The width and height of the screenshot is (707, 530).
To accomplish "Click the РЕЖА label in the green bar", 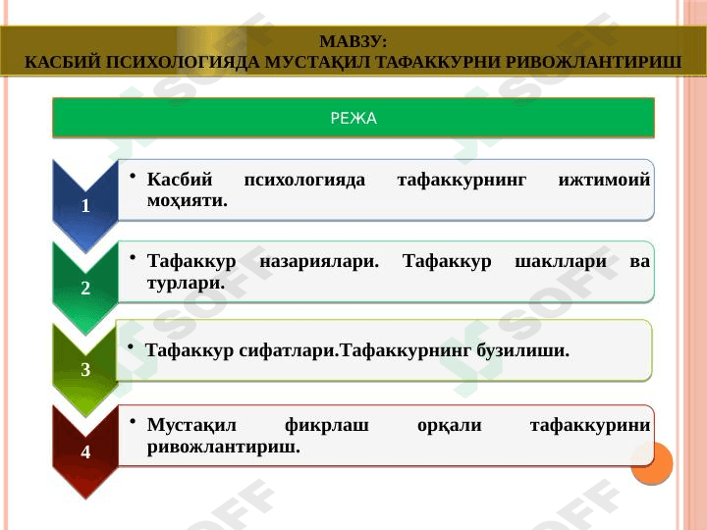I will point(353,119).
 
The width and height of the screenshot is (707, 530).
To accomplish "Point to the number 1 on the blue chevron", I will point(85,207).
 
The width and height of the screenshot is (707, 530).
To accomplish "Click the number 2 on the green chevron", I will point(85,290).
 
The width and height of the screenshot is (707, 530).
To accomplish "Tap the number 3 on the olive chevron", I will point(85,371).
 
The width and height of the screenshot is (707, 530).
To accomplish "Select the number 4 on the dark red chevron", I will point(85,453).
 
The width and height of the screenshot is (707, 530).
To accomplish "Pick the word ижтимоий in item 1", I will point(603,181).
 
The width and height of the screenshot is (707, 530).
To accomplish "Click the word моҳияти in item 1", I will point(185,200).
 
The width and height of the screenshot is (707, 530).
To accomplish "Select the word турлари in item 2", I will point(183,283).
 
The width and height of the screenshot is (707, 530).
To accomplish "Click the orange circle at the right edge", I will point(651,463).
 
